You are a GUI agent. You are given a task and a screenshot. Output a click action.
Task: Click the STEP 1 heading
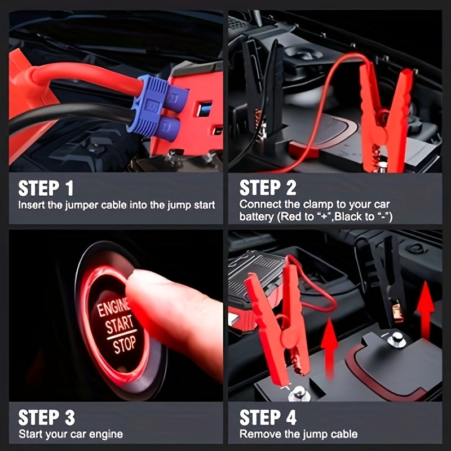pyautogui.click(x=46, y=188)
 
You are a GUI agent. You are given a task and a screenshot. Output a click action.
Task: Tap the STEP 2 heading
pyautogui.click(x=268, y=188)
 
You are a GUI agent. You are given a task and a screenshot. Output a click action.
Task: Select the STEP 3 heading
pyautogui.click(x=47, y=417)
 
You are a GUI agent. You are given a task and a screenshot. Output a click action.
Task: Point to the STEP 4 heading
pyautogui.click(x=268, y=417)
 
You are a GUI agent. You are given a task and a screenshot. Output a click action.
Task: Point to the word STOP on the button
pyautogui.click(x=124, y=344)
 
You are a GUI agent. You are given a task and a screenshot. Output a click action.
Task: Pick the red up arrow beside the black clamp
pyautogui.click(x=426, y=311)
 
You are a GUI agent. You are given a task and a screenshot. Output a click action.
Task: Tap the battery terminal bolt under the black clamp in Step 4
pyautogui.click(x=397, y=339)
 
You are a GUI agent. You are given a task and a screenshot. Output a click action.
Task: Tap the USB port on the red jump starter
pyautogui.click(x=204, y=109)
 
